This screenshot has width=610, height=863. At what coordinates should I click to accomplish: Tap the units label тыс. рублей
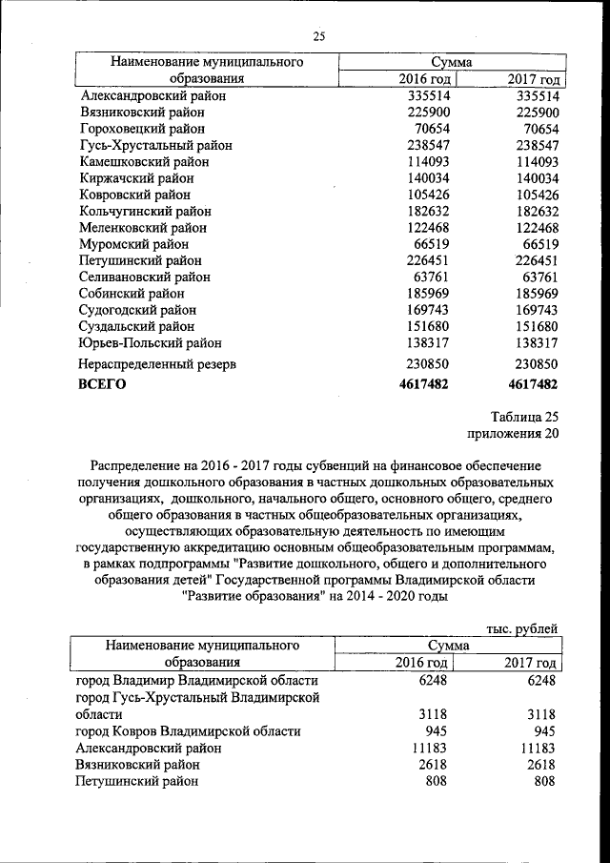coord(521,628)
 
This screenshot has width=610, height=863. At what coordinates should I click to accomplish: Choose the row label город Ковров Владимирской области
coord(188,731)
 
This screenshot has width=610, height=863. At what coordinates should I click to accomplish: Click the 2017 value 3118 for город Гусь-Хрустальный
coord(539,714)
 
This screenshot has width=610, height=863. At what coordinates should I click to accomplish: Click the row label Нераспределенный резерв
coord(158,364)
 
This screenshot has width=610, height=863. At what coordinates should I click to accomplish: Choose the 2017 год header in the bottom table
coord(529,662)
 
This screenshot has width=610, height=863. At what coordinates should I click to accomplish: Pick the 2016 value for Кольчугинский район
coord(424,211)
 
